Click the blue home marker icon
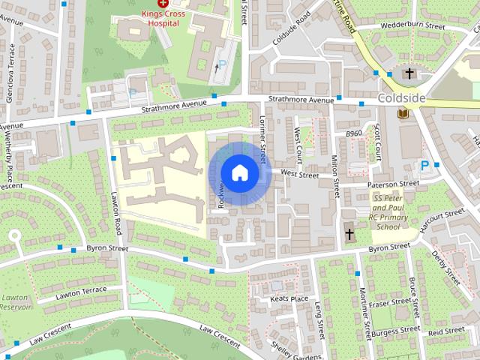click(x=239, y=173)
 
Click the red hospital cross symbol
click(x=163, y=4)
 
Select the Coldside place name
click(x=403, y=98)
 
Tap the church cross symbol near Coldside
click(x=409, y=73)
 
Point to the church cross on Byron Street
click(x=349, y=235)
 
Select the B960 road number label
click(x=354, y=133)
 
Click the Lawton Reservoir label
click(x=15, y=302)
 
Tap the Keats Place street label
click(x=289, y=298)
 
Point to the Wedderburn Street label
click(x=412, y=26)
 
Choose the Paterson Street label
click(x=393, y=184)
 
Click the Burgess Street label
click(x=396, y=330)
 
